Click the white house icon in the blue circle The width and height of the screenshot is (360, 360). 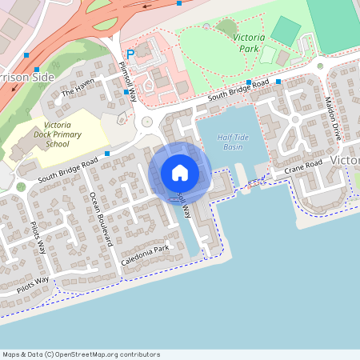(180, 172)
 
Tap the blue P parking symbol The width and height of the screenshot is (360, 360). (130, 54)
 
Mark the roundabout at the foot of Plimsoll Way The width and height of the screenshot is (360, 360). (146, 122)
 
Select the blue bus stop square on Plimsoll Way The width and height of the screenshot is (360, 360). (126, 92)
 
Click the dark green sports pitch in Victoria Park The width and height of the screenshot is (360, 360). (285, 31)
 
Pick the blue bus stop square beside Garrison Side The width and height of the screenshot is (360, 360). (26, 56)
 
